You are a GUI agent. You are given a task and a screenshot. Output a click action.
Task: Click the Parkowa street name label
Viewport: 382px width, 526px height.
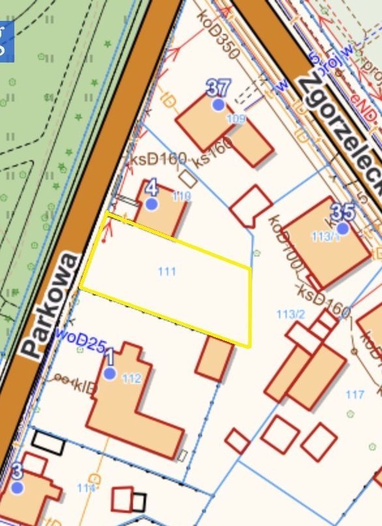point(51,305)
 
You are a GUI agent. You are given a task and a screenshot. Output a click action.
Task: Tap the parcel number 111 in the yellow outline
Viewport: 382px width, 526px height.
point(167,271)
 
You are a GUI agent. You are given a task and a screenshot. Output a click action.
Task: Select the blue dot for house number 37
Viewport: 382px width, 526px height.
point(218,104)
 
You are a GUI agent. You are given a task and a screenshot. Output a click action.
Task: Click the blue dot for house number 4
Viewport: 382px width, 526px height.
point(152,204)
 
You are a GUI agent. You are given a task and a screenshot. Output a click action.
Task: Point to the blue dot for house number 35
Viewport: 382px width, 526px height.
point(343,228)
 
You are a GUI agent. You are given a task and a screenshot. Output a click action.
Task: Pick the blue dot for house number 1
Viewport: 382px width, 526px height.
point(110,373)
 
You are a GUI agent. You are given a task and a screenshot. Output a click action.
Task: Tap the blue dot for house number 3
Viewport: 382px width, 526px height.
point(18,487)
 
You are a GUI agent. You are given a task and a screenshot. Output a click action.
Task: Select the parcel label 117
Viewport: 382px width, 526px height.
point(355,394)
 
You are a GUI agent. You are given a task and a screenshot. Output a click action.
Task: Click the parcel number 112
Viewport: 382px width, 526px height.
point(132,378)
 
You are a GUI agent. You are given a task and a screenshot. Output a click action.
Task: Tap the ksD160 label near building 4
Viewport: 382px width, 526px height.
point(159,159)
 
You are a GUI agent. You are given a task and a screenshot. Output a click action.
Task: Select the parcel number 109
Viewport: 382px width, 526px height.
point(235,118)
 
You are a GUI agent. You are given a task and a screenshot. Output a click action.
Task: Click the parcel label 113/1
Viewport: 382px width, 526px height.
point(326,237)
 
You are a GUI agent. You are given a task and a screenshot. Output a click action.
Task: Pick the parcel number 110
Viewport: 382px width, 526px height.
point(182,195)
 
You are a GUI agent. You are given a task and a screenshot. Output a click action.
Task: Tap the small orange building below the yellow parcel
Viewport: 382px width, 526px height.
point(214,358)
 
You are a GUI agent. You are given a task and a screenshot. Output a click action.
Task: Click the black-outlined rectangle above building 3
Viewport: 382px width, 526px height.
point(48,443)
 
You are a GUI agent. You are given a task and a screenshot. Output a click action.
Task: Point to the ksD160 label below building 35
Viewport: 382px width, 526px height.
point(323,299)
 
